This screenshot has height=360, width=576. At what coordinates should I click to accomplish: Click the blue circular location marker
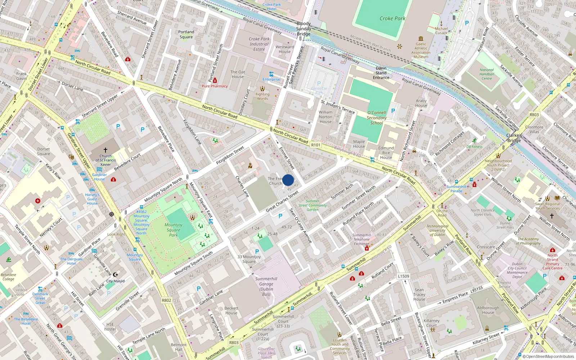coord(288,180)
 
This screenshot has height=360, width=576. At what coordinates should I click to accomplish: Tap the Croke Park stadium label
coord(392,18)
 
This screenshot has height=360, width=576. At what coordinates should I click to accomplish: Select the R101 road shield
coord(316,145)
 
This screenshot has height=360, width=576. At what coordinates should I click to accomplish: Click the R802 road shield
coord(166,300)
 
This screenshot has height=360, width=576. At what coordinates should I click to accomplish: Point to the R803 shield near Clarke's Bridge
coord(534,115)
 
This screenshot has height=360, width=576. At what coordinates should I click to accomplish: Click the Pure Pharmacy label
coord(215,86)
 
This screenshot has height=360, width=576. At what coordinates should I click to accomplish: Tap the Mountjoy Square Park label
coord(174,230)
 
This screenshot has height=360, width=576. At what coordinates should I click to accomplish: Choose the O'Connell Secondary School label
coord(377,118)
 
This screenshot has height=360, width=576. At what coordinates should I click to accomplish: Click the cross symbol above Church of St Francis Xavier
coord(105,150)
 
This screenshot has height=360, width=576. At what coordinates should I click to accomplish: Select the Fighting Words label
coord(262,96)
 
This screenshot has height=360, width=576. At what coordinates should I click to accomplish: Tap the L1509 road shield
coord(404,276)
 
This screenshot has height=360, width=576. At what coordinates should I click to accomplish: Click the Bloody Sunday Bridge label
coord(303,29)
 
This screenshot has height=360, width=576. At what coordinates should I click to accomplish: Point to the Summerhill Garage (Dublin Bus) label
coord(266,286)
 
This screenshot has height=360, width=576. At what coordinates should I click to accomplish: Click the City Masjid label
coord(115,281)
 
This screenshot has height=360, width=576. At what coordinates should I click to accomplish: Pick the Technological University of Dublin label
coord(437,230)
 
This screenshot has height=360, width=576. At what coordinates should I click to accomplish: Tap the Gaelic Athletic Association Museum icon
coord(421,39)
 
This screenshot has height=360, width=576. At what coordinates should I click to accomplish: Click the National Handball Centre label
coord(487,74)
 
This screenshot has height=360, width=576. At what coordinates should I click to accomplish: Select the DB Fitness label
coord(474,147)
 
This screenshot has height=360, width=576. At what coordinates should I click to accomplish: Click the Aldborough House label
coord(488,310)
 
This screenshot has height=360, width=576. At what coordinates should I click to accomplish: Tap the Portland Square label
coord(186,34)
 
